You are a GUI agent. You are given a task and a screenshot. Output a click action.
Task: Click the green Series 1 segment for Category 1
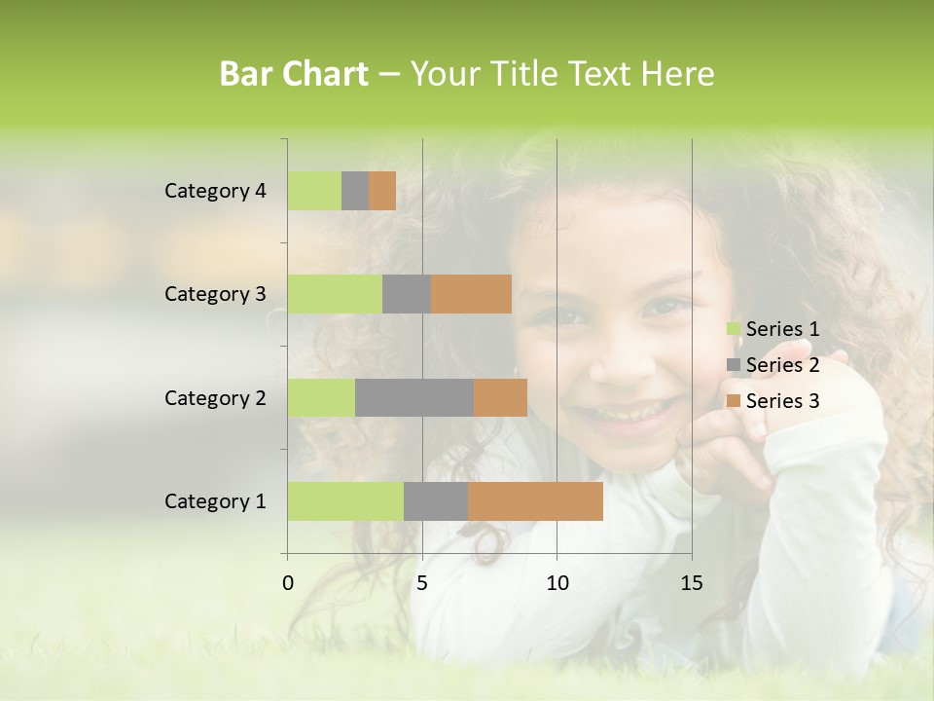[x=345, y=500]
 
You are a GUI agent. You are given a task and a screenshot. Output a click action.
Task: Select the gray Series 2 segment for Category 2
[x=414, y=397]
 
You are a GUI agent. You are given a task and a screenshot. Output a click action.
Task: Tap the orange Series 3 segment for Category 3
[x=471, y=294]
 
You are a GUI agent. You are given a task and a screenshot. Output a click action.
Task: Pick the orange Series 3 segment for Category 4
[x=382, y=191]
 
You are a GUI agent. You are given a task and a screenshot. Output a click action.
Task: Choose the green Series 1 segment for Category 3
[x=335, y=294]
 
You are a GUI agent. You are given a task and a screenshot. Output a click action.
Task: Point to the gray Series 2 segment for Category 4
[x=355, y=191]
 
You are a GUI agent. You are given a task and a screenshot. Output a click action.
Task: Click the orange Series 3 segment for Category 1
[x=535, y=500]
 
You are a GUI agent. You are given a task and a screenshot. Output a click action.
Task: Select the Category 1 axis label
[x=215, y=501]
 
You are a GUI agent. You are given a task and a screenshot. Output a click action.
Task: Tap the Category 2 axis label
[x=215, y=398]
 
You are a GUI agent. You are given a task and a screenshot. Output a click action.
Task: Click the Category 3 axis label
[x=215, y=294]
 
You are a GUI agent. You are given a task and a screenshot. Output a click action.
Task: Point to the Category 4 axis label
[x=215, y=191]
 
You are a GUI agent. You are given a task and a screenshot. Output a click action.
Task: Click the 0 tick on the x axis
[x=288, y=583]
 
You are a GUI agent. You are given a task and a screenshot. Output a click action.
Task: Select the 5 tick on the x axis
[x=422, y=583]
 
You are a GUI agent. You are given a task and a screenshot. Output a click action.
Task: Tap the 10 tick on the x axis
[x=557, y=583]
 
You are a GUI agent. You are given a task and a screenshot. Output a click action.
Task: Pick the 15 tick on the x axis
[x=692, y=583]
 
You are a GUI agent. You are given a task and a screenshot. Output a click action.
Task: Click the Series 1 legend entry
[x=773, y=329]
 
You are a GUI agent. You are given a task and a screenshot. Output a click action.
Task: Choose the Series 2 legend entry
[x=773, y=365]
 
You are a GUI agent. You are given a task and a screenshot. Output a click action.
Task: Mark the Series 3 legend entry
[x=773, y=401]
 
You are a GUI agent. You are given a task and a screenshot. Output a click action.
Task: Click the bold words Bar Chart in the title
[x=294, y=74]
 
